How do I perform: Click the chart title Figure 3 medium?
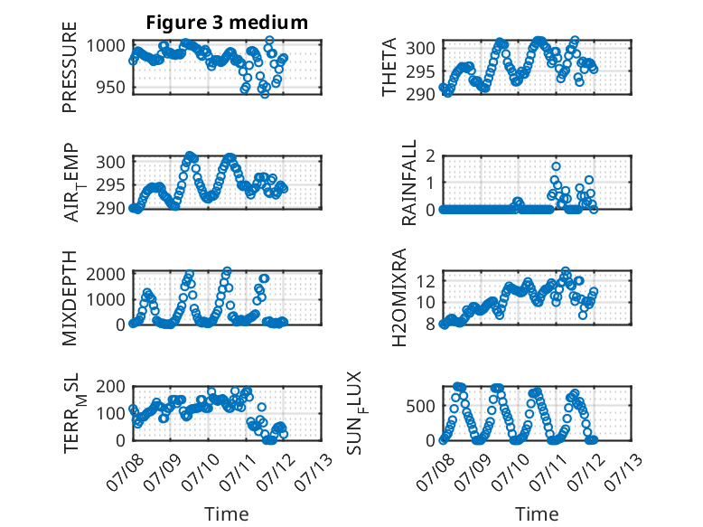coord(227,23)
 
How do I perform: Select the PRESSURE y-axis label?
coord(70,67)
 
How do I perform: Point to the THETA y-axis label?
coord(389,67)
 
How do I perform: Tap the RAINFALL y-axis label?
coord(409,183)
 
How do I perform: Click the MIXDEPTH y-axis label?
coord(70,297)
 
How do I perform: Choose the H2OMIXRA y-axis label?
coord(398,297)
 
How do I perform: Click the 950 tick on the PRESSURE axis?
coord(112,87)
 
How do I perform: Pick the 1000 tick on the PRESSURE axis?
coord(106,46)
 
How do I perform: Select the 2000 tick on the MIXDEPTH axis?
coord(106,274)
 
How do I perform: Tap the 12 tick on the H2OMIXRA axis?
coord(426,282)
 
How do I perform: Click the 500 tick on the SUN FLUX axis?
coord(420,407)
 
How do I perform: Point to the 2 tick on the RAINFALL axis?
coord(431,155)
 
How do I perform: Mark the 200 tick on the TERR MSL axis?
coord(111,386)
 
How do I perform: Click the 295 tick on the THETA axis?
coord(420,71)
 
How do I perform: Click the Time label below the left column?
coord(227,513)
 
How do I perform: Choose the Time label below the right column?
coord(537,513)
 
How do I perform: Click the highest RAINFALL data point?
coord(556,166)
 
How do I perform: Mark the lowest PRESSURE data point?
coord(265,94)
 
